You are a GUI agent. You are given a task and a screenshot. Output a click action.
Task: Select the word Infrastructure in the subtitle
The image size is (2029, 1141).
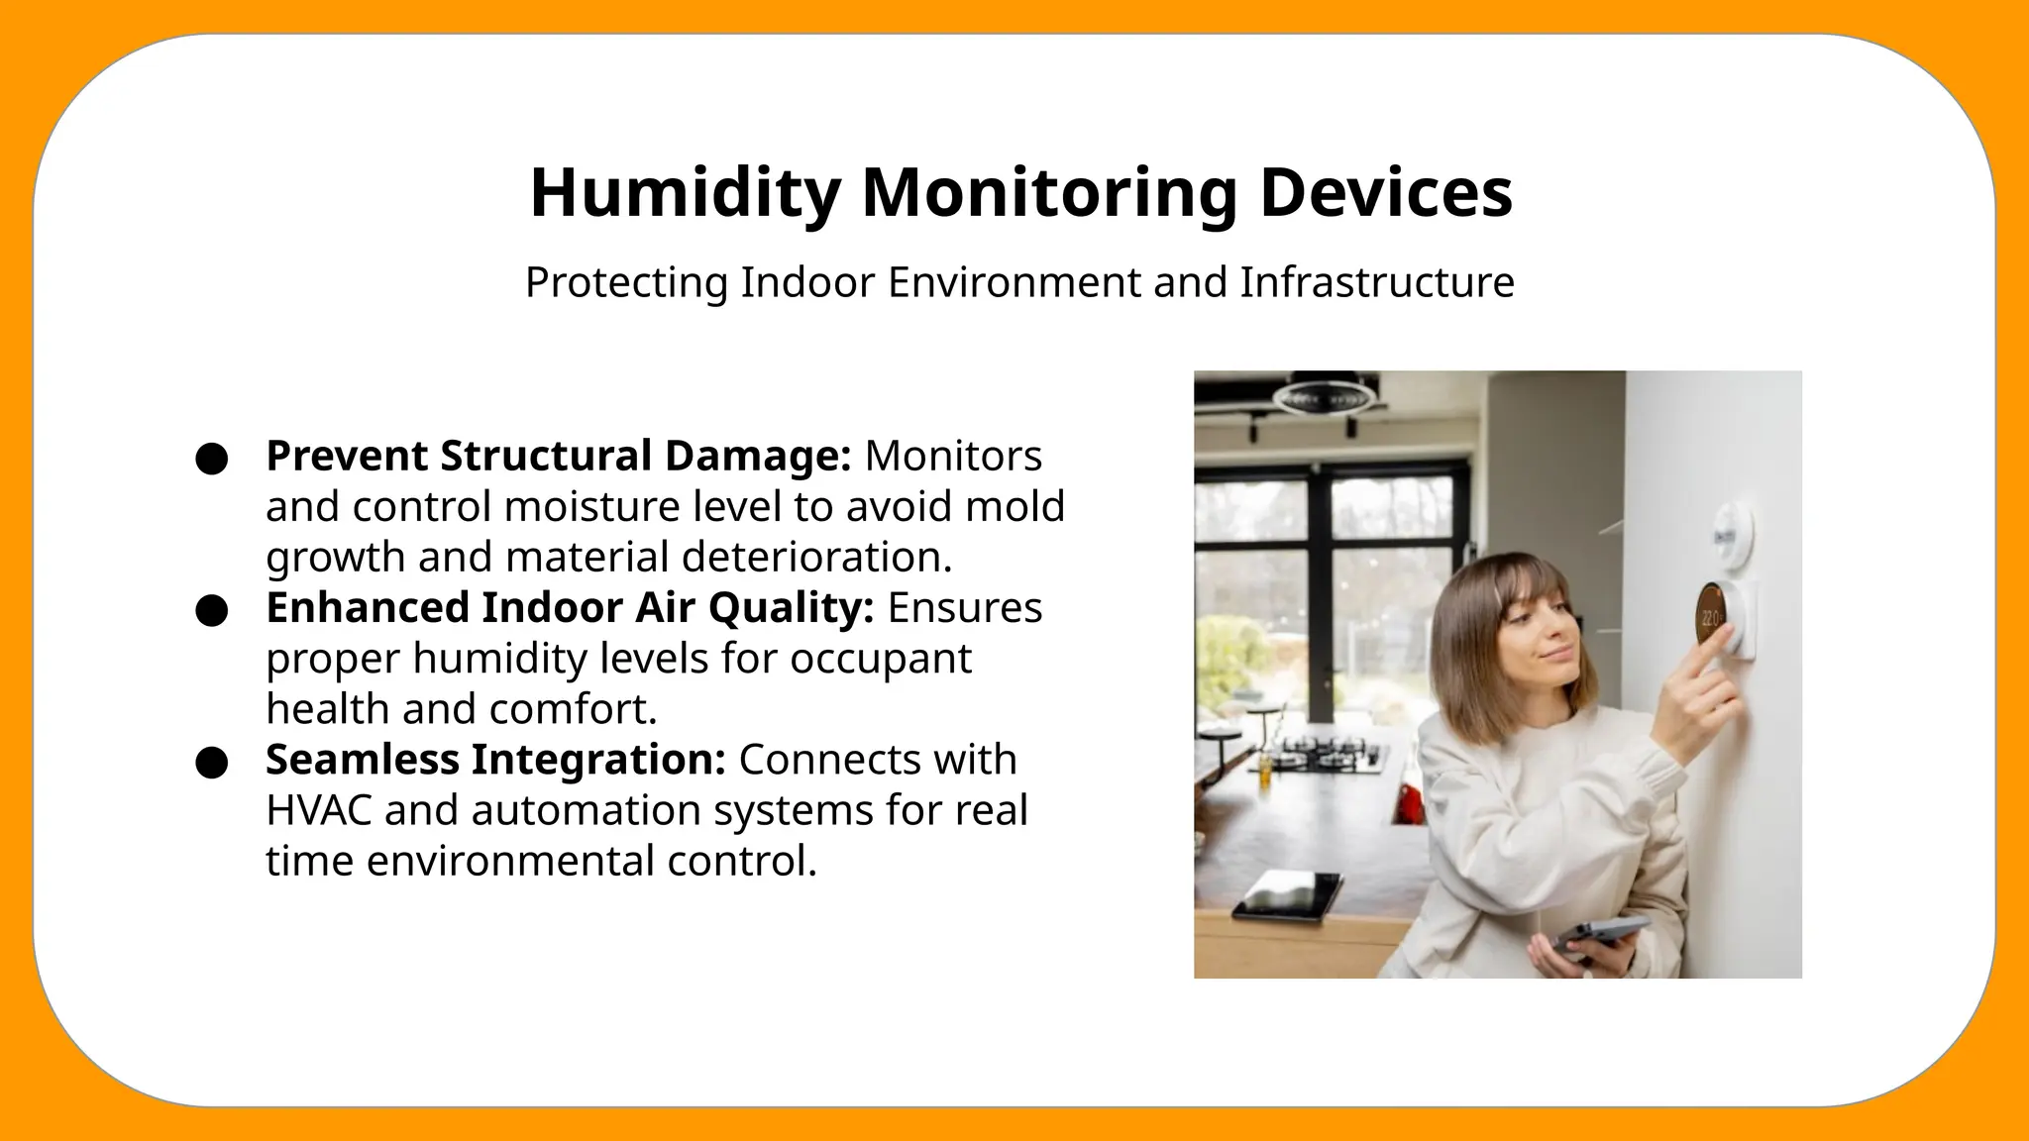pyautogui.click(x=1377, y=282)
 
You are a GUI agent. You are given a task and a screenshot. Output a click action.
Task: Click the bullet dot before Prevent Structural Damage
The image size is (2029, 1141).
pyautogui.click(x=212, y=459)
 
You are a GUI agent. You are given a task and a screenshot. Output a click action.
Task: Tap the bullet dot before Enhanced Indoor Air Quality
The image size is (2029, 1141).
pyautogui.click(x=212, y=610)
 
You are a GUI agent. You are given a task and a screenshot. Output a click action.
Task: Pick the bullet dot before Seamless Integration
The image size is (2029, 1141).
pyautogui.click(x=212, y=763)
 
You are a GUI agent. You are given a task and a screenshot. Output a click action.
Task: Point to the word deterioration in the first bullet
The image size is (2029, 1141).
pyautogui.click(x=816, y=557)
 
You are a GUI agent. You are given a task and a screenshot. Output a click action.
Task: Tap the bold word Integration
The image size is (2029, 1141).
pyautogui.click(x=598, y=760)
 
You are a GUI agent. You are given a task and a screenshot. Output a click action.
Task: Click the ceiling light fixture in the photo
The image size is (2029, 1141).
pyautogui.click(x=1323, y=397)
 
